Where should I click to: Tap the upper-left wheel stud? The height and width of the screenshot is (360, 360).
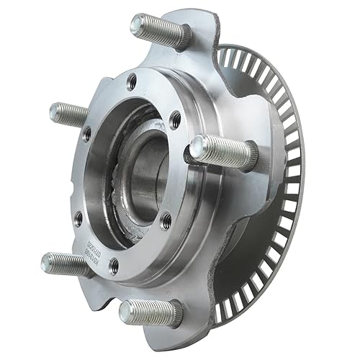[72, 113]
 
